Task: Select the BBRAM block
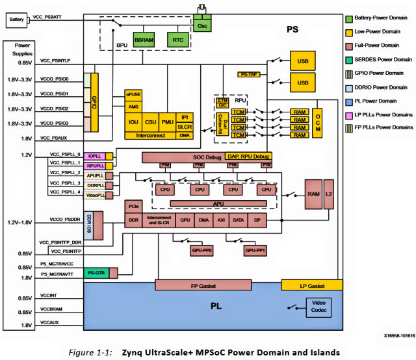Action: coord(144,40)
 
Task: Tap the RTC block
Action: coord(178,40)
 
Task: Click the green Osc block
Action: coord(201,23)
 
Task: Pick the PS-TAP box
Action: coord(249,75)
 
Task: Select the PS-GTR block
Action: coord(97,273)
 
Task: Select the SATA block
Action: coord(238,221)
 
